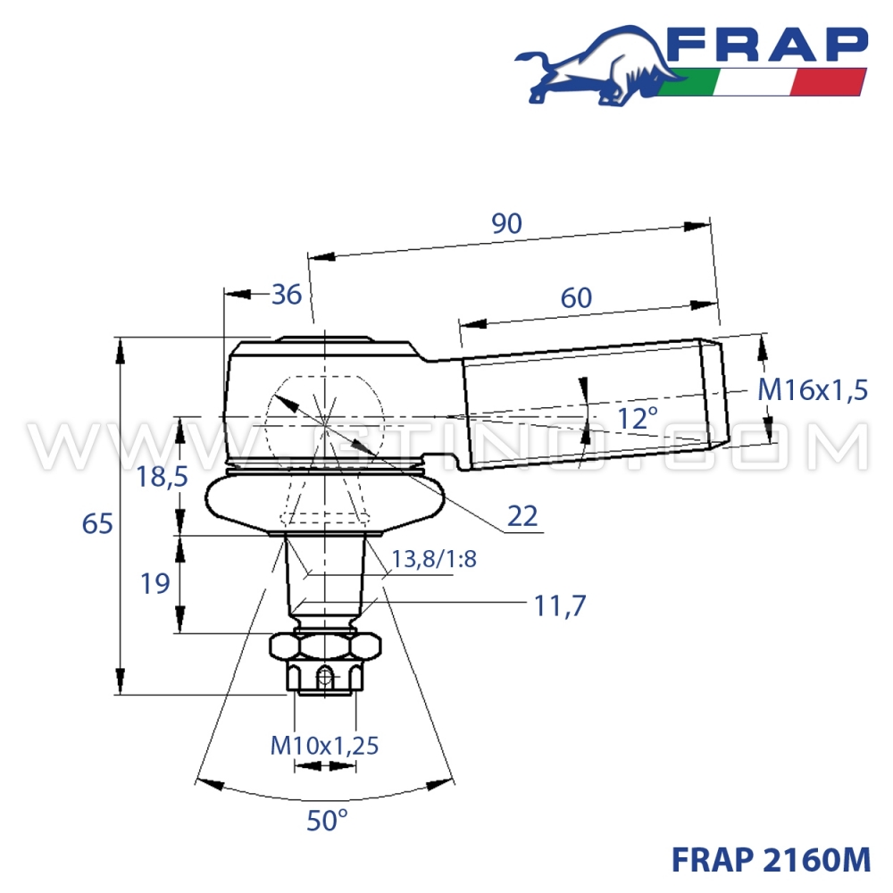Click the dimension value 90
(506, 224)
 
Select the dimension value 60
(577, 297)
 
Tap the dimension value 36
(286, 294)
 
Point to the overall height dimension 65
(98, 523)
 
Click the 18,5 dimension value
(162, 477)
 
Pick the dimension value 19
(155, 584)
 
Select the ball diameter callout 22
(522, 515)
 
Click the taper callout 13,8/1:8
(434, 560)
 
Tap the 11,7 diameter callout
(559, 606)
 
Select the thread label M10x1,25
(324, 744)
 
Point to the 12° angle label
(638, 416)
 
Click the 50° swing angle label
(327, 820)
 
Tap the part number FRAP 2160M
(770, 859)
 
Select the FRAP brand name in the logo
(766, 45)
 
